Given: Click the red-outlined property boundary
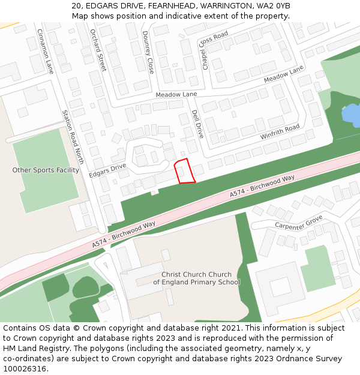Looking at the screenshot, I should pos(184,171).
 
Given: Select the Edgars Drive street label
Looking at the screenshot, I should pos(107,170).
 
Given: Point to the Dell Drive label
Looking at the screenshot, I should pos(197,124).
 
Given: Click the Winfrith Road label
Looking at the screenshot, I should pos(280,132).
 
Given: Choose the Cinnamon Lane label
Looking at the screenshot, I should pos(46,51).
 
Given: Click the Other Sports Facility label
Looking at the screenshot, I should pos(46,170).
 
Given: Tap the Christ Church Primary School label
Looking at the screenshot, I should pos(196,278).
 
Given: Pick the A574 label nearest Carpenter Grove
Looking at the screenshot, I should pos(262,187).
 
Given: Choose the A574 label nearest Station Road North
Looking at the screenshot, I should pos(124,235).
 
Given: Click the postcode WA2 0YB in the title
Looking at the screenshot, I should pos(275,5).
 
